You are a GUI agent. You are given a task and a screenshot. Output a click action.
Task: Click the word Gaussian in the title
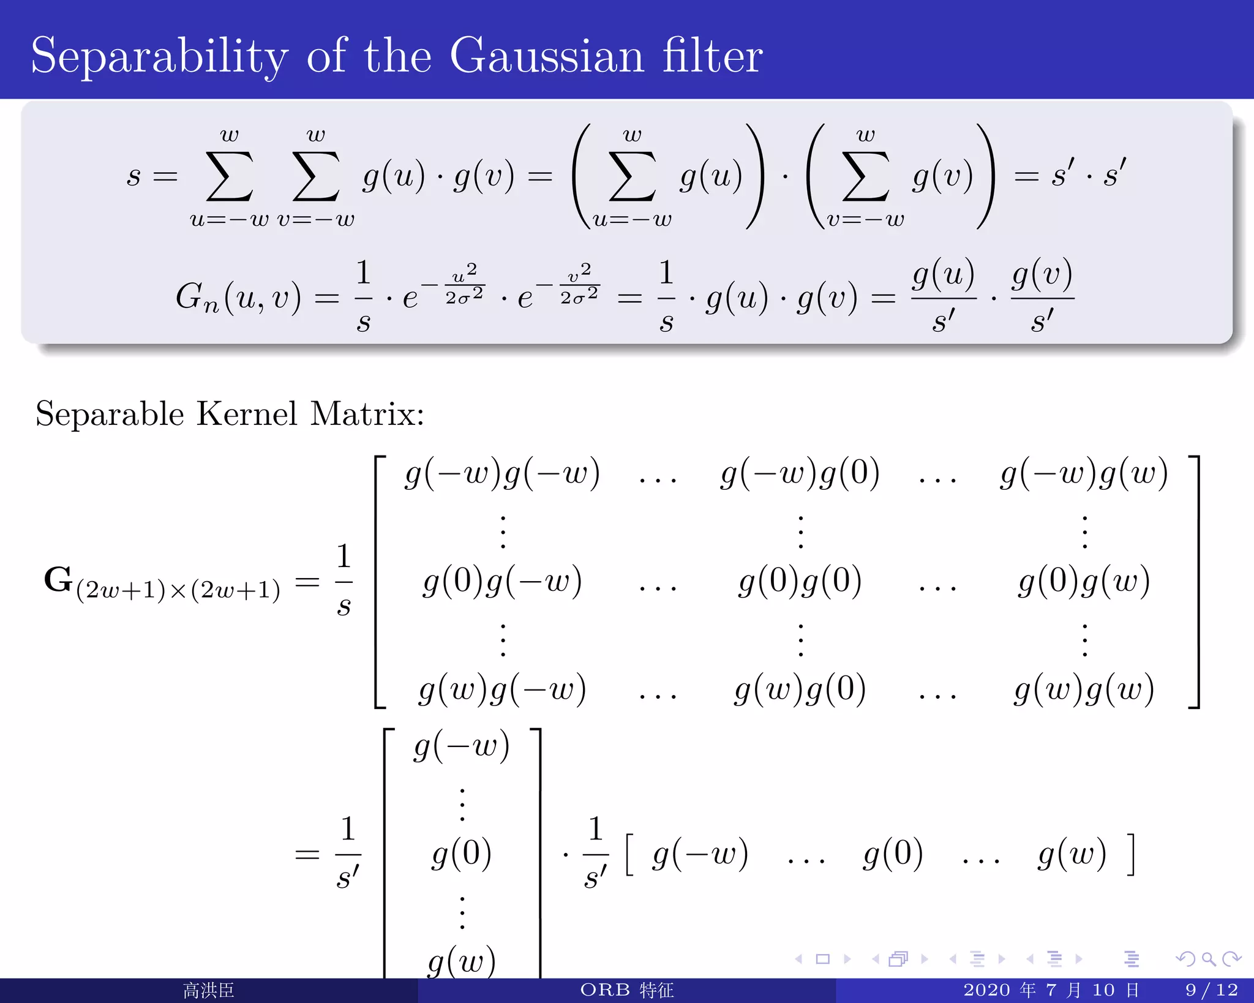coord(547,56)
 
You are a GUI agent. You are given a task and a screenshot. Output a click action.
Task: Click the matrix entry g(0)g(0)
coord(800,581)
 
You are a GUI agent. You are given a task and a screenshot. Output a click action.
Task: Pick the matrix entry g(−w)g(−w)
coord(502,474)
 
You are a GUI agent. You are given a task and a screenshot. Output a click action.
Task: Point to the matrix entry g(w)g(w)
coord(1084,689)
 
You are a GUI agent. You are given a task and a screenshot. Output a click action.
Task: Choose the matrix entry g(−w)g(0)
coord(800,474)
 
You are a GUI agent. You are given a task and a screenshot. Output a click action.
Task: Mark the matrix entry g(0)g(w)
coord(1084,581)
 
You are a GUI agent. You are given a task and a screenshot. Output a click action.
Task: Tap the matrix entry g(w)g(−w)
coord(502,689)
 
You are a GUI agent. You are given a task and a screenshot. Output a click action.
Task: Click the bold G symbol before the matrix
coord(58,579)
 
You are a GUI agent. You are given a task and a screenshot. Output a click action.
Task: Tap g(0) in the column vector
coord(462,854)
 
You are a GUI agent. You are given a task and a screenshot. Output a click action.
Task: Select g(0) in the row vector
coord(893,854)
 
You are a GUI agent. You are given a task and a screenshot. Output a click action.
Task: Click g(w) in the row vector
coord(1072,854)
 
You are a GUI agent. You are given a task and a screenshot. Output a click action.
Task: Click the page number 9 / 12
coord(1211,990)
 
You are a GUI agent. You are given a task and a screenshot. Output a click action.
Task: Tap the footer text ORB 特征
coord(626,990)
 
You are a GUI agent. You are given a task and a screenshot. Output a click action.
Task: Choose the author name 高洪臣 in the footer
coord(208,990)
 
